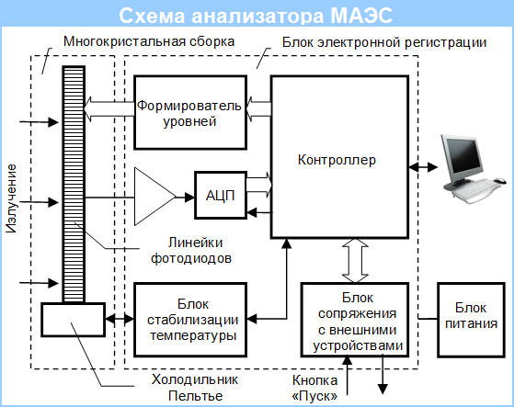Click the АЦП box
tap(221, 195)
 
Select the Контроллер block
tap(339, 157)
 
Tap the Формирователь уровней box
tap(190, 113)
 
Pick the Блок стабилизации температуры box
tap(190, 320)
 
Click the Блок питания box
tap(472, 320)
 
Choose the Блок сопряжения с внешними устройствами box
tap(355, 320)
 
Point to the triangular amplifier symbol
tap(155, 197)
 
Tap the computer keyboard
tap(476, 189)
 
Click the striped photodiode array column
tap(74, 185)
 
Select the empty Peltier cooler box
tap(74, 320)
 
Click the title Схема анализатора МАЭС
tap(256, 15)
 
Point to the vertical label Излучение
tap(11, 198)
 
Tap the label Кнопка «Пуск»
tap(314, 388)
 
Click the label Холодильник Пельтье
tap(195, 388)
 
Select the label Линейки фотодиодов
tap(191, 251)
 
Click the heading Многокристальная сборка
tap(149, 41)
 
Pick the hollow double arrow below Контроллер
tap(355, 261)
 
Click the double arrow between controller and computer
tap(423, 167)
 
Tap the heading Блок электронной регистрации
tap(384, 42)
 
